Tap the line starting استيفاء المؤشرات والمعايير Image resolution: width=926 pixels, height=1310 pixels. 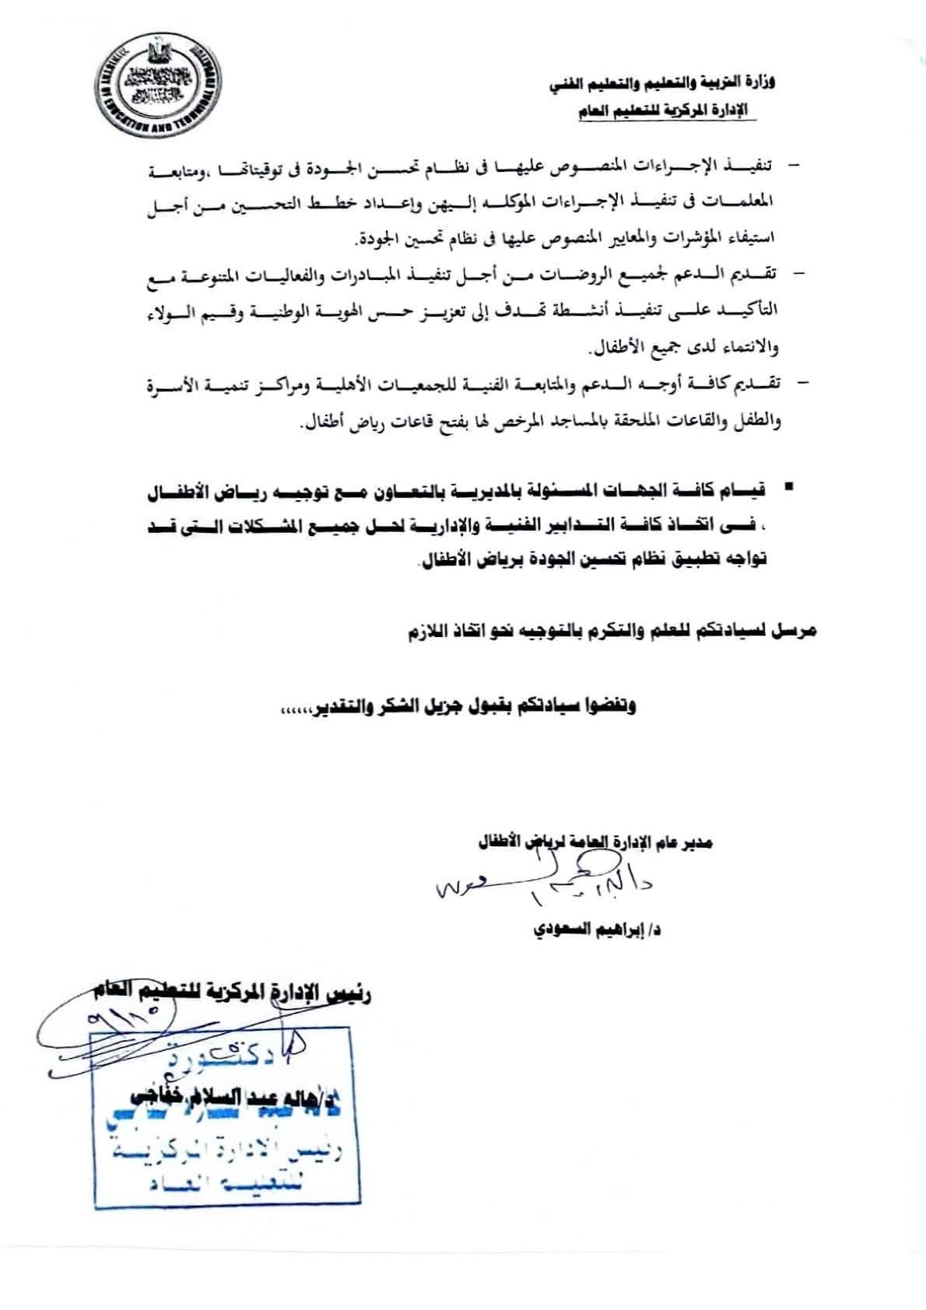566,238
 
